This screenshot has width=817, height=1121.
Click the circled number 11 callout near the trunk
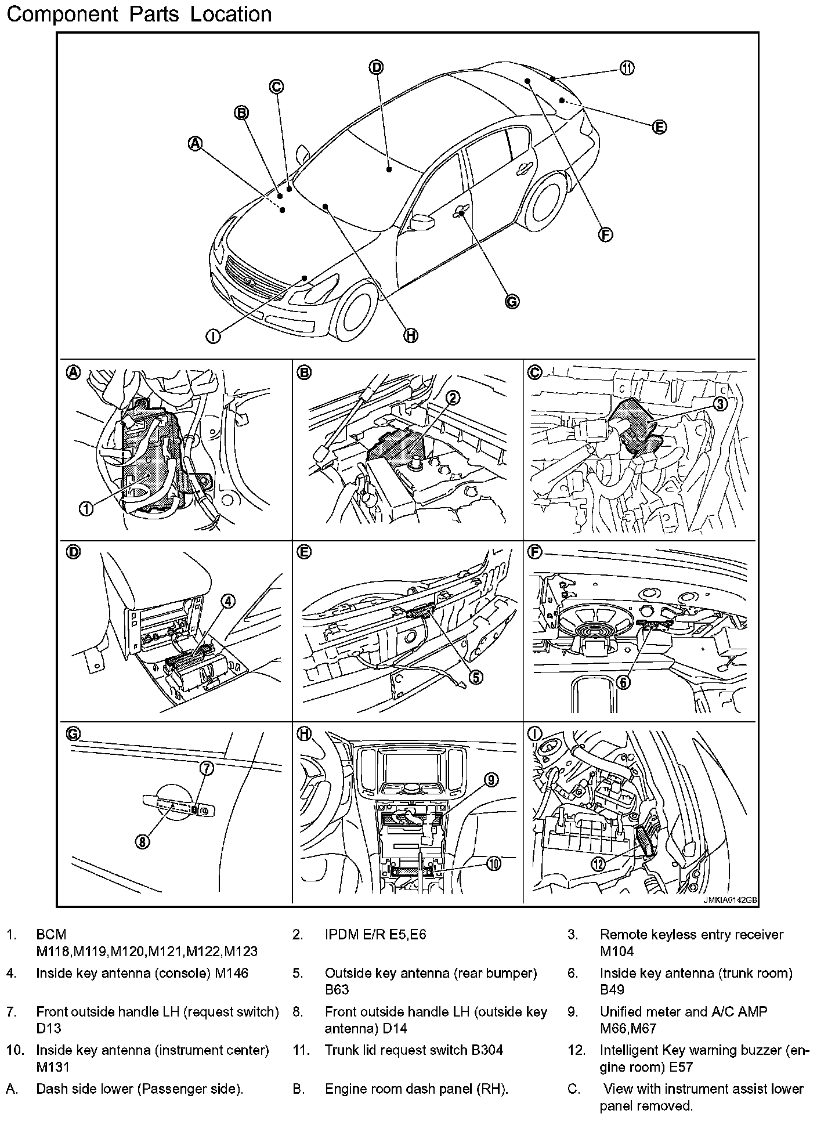[627, 68]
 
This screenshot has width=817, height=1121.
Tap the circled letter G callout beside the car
[511, 301]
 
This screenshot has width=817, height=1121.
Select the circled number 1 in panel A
[86, 509]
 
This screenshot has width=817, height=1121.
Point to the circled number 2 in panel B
[453, 397]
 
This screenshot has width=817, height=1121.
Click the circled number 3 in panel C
[720, 404]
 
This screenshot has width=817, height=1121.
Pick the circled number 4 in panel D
[228, 602]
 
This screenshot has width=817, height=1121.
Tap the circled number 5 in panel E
[476, 677]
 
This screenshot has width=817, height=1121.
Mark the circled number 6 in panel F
[623, 682]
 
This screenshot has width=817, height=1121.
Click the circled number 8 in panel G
[142, 841]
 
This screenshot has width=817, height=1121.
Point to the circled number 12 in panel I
[598, 864]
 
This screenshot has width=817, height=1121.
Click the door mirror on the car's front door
[422, 222]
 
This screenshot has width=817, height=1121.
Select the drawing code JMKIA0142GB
[730, 901]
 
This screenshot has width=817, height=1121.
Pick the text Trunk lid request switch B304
[414, 1050]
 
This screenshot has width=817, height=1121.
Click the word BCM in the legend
[51, 935]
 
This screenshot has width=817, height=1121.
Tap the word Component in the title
[62, 14]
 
